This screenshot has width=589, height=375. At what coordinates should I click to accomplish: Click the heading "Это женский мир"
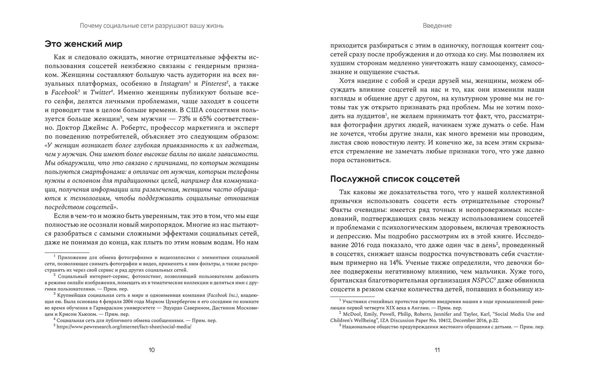click(84, 44)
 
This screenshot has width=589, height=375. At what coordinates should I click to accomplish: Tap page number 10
click(151, 350)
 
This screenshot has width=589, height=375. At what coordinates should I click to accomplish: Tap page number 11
click(437, 350)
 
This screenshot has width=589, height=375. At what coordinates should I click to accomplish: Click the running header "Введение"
click(437, 26)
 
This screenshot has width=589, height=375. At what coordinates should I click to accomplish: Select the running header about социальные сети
click(151, 26)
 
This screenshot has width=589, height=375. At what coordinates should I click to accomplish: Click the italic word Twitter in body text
click(101, 93)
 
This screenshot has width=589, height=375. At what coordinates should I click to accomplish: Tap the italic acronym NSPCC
click(483, 280)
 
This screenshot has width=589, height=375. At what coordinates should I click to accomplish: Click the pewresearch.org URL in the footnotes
click(124, 327)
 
